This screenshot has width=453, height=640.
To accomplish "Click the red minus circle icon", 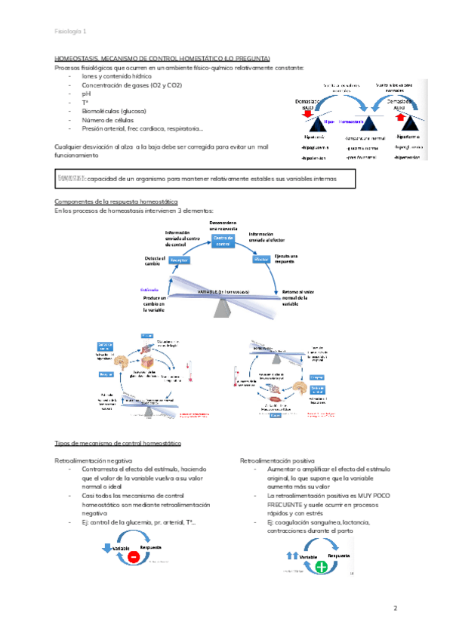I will click(x=132, y=556).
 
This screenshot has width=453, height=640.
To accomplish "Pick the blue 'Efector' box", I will click(x=262, y=258).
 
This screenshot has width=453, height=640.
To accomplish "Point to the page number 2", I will click(x=395, y=608).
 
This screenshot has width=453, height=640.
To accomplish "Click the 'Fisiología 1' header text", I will click(x=70, y=31).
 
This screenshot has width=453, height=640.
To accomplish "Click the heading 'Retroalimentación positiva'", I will click(x=277, y=460).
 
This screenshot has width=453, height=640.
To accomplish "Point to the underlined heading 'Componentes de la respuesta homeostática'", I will click(x=117, y=202).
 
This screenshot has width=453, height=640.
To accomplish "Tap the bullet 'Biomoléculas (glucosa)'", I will click(x=116, y=111).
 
